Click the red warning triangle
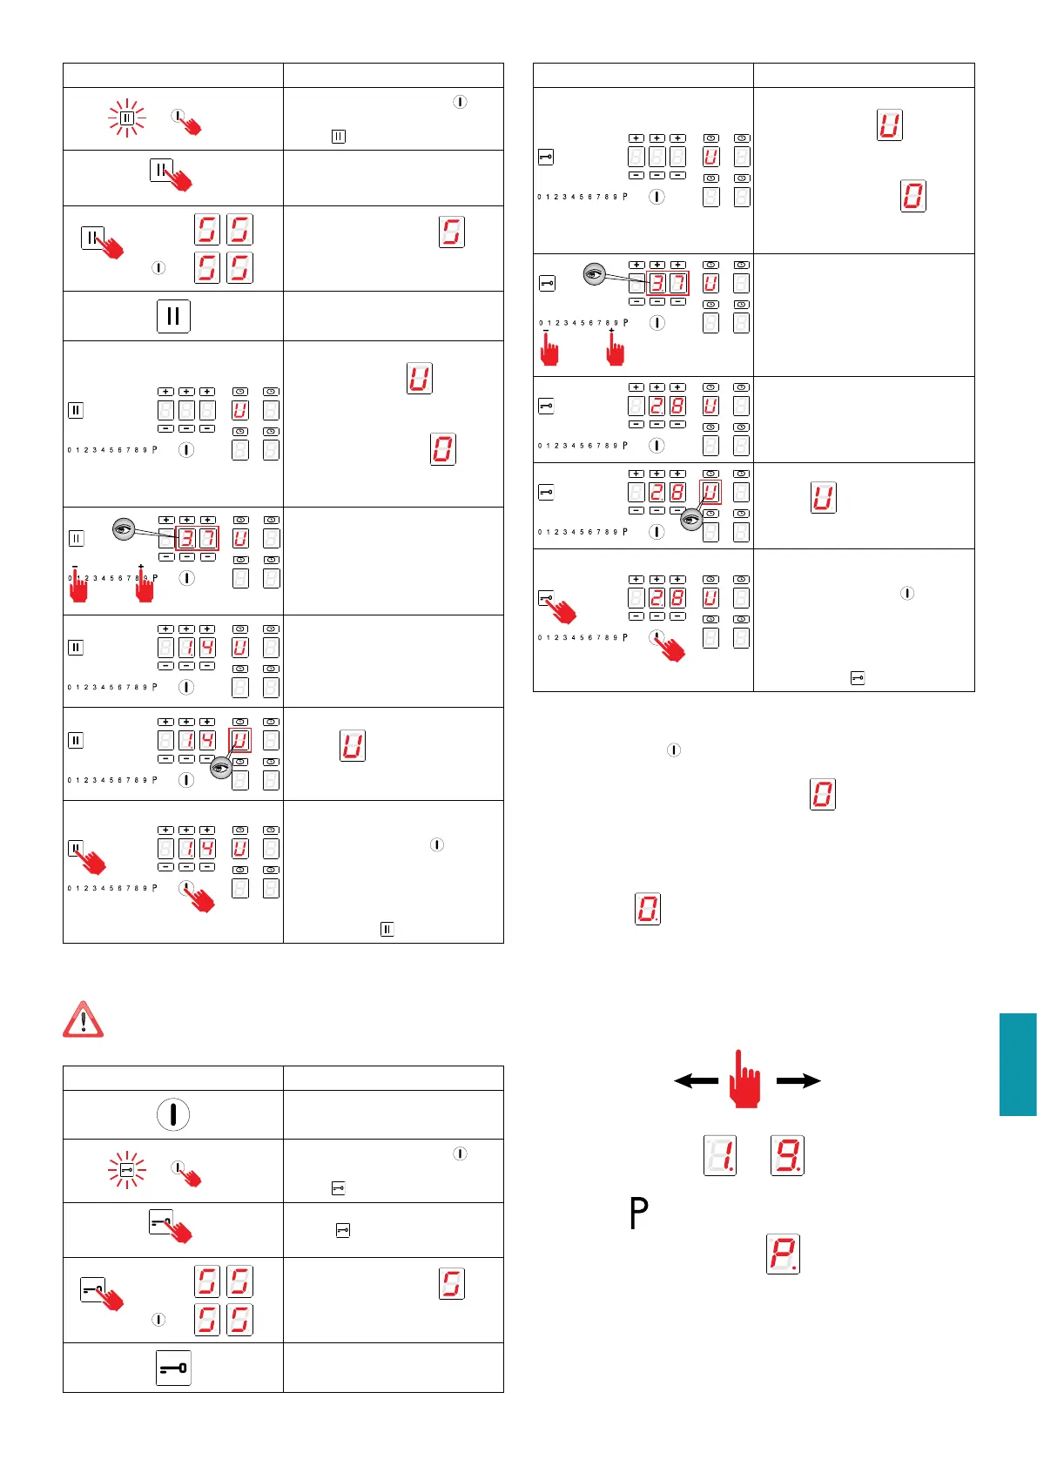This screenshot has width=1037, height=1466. [83, 1019]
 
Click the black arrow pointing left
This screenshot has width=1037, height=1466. [696, 1081]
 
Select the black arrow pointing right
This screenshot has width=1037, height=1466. [798, 1081]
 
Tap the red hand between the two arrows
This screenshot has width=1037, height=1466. [746, 1080]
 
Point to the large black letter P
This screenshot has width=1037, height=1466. [638, 1213]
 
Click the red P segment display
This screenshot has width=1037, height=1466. [783, 1254]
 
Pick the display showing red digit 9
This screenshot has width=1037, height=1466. [787, 1155]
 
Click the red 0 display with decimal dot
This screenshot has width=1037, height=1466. [647, 909]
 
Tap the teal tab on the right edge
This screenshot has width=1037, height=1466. [1018, 1064]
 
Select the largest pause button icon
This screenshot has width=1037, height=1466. [173, 316]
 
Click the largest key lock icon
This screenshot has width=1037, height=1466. [173, 1368]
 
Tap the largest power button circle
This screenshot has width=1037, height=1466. [173, 1114]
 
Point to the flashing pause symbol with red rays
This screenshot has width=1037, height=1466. [126, 118]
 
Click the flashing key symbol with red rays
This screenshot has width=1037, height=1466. [126, 1171]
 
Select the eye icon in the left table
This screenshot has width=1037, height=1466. [125, 528]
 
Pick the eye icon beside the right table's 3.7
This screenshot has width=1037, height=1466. [594, 274]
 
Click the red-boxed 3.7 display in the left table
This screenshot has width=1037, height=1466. [197, 538]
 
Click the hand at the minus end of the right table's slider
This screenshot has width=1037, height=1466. [549, 348]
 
